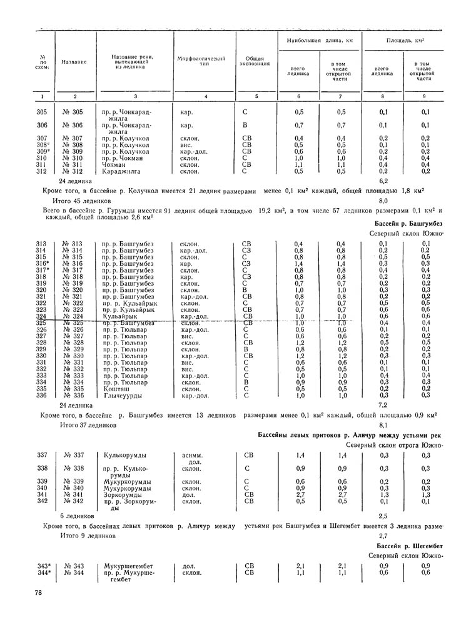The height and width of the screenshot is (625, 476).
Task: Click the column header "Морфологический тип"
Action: (204, 61)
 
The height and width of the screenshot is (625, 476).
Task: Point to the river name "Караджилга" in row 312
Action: (122, 171)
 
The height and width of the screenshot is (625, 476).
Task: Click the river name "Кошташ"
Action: (115, 388)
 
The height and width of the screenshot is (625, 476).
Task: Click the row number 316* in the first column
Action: (43, 264)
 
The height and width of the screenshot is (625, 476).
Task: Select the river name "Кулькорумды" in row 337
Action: (126, 456)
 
